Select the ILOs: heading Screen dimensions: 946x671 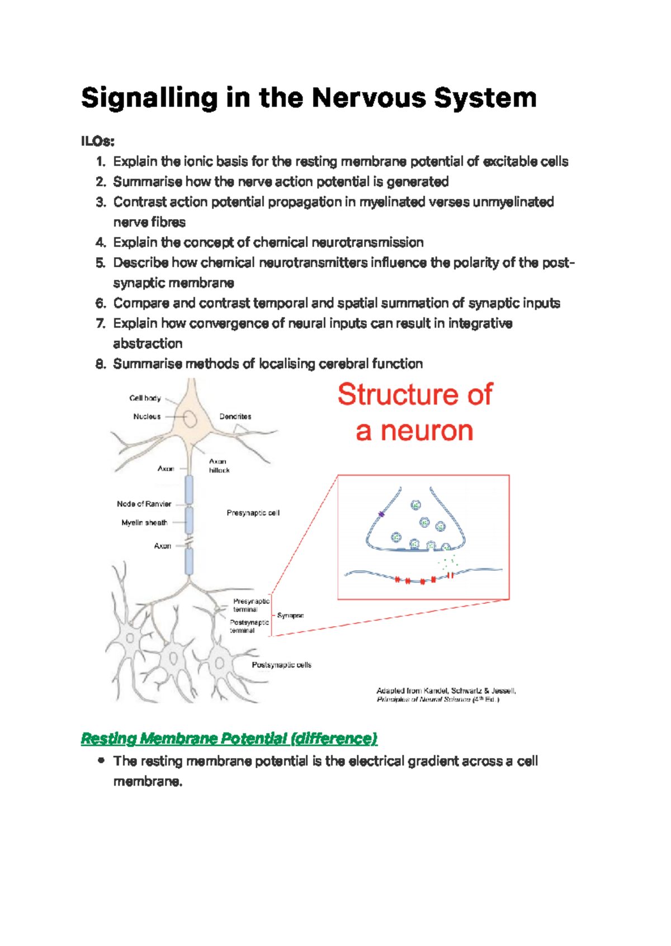tap(97, 141)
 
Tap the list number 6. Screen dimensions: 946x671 tap(101, 304)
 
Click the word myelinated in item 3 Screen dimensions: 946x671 tap(392, 202)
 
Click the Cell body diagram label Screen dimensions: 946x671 tap(145, 398)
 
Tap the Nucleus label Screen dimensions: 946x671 tap(147, 417)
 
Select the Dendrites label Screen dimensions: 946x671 tap(235, 417)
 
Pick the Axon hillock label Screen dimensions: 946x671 tap(219, 466)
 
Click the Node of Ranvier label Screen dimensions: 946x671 tap(144, 504)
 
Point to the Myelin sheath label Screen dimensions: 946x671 tap(144, 523)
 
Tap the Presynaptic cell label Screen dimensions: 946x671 tap(253, 513)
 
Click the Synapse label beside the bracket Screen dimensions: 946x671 tap(290, 616)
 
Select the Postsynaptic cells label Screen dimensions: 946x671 tap(281, 665)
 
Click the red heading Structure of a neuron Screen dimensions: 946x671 tap(415, 412)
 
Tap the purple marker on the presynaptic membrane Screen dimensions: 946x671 tap(381, 514)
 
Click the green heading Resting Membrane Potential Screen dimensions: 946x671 tap(229, 739)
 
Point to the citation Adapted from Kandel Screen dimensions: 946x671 tap(446, 691)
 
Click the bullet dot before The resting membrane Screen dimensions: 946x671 tap(101, 760)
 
